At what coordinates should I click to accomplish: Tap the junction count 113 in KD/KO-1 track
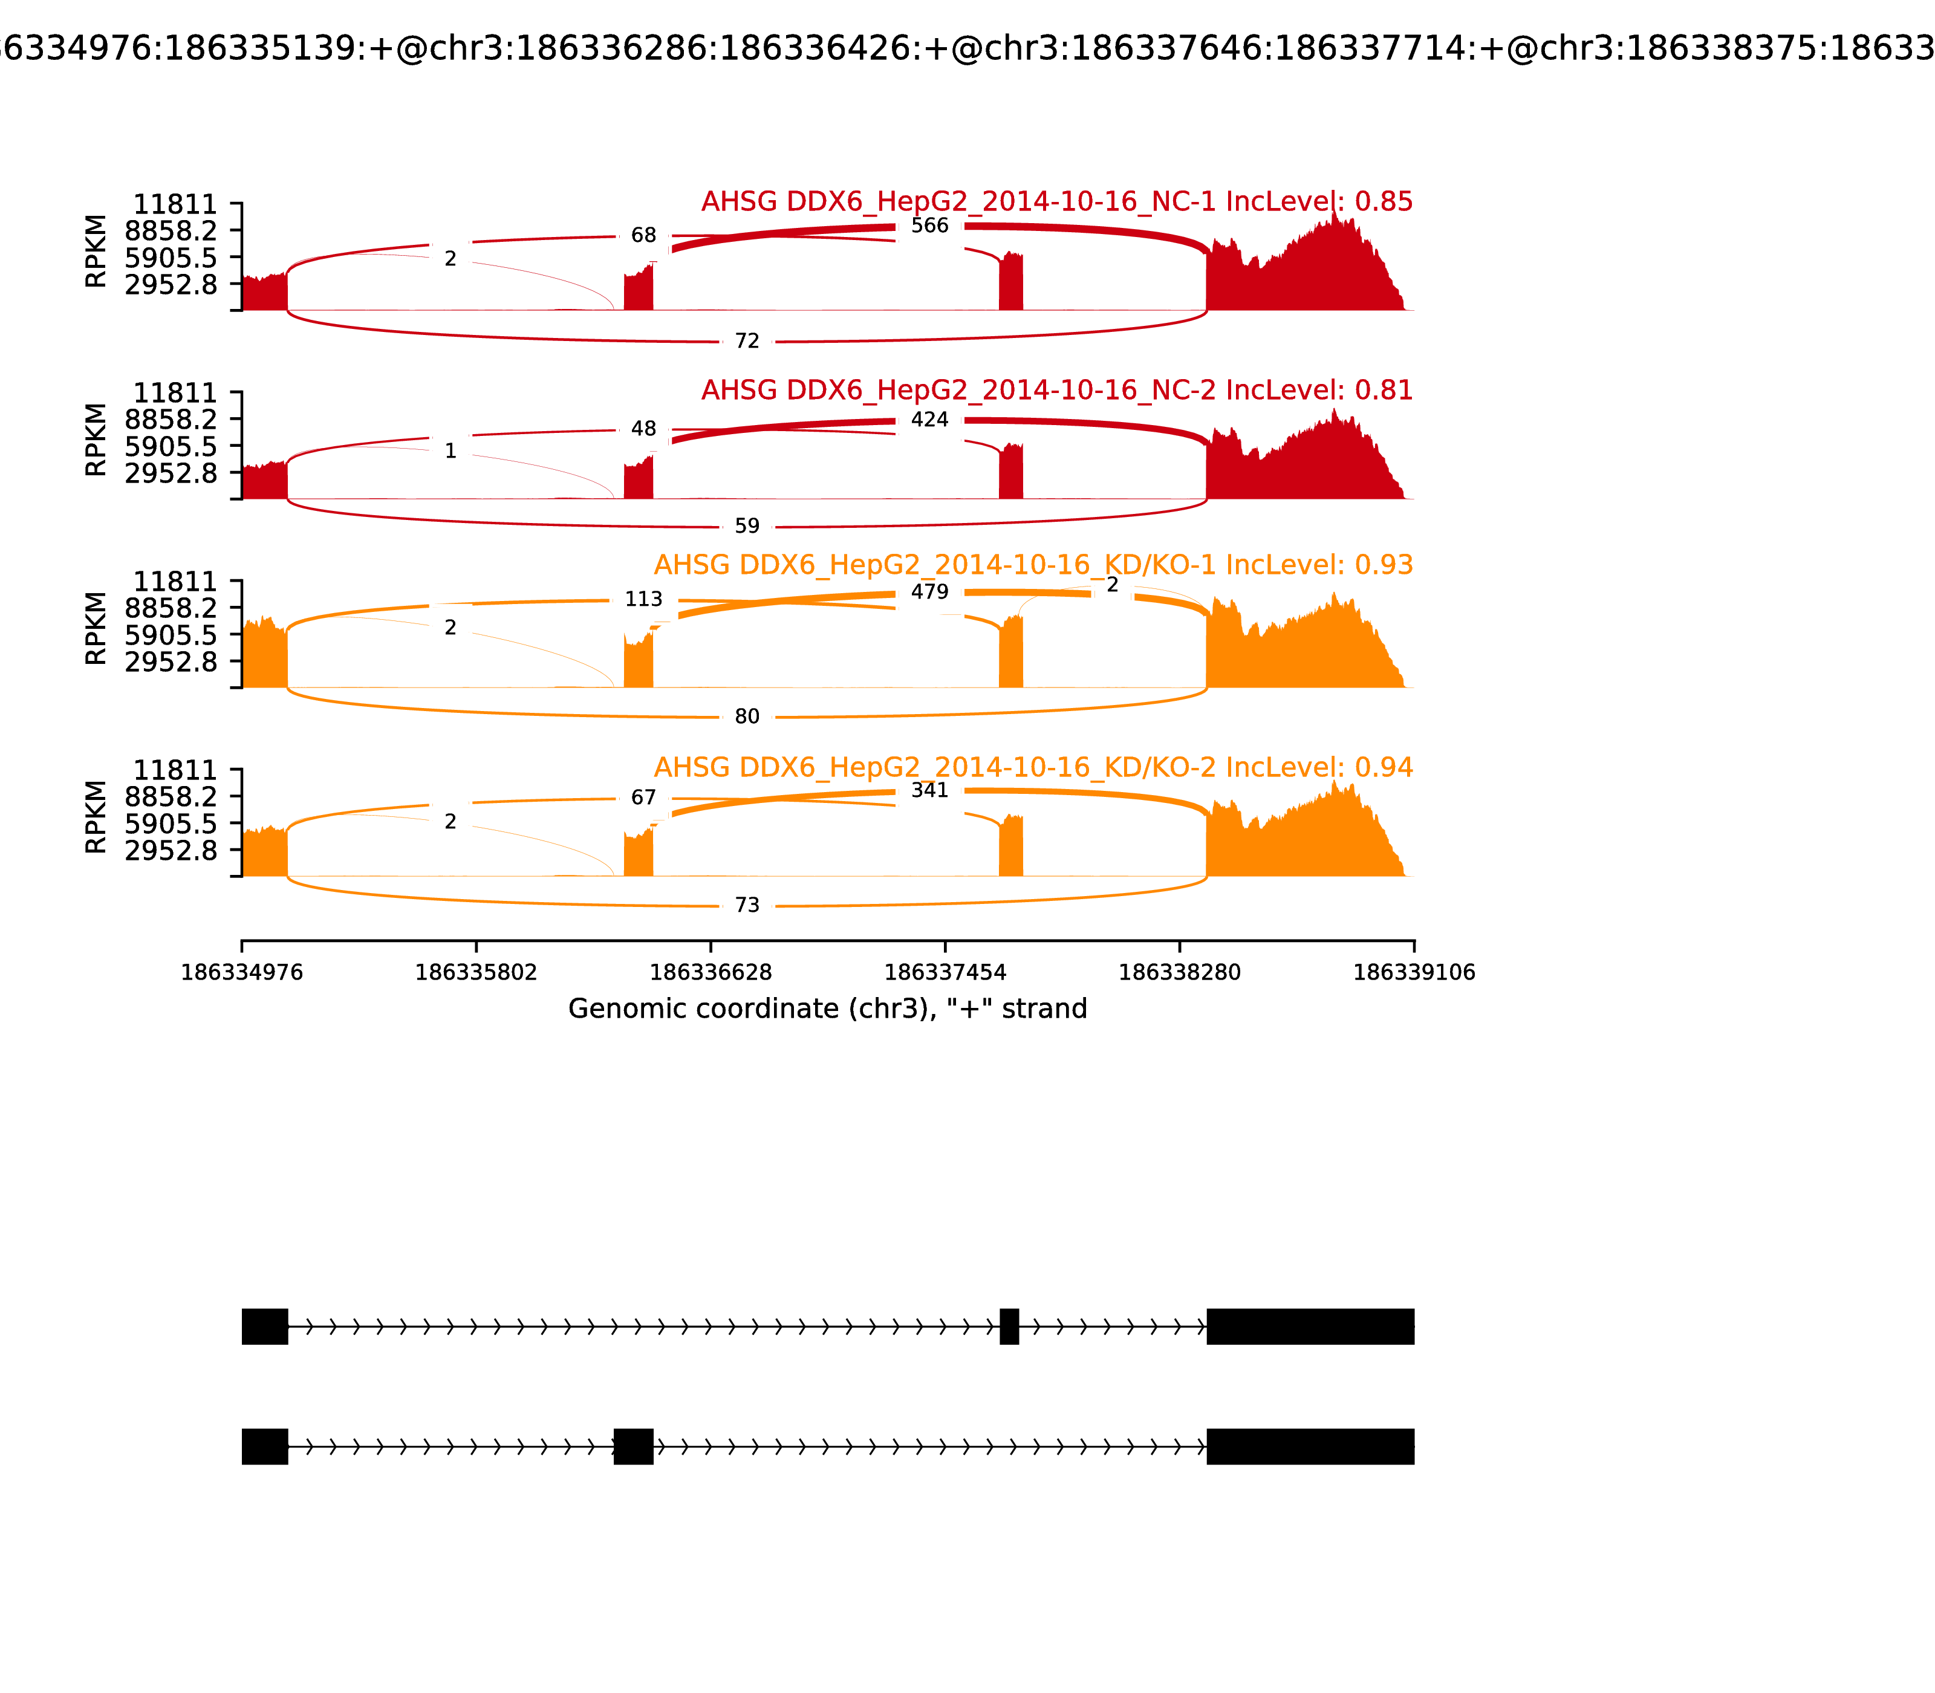[643, 599]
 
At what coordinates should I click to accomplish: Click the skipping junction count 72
[746, 341]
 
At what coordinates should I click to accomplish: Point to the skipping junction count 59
[746, 526]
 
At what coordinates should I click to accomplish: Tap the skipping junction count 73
[746, 905]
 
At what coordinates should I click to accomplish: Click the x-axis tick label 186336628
[711, 972]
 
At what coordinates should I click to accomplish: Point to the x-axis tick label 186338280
[1179, 972]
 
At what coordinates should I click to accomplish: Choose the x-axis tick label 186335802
[476, 972]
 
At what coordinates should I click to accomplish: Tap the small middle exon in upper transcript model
[1009, 1327]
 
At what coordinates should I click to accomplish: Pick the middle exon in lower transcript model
[633, 1446]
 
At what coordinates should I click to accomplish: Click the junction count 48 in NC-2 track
[643, 429]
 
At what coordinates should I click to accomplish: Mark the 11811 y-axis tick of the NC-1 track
[175, 204]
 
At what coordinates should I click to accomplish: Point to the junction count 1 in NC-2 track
[450, 452]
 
